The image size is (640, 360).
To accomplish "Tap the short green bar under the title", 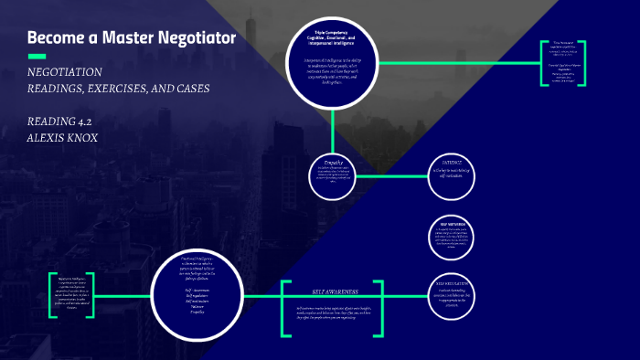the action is point(37,57).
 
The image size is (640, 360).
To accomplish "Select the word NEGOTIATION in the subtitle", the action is point(64,72).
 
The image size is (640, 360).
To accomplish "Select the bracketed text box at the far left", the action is point(70,294).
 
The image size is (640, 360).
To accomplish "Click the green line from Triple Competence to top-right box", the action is point(457,62).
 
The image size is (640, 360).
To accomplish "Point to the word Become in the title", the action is point(54,38).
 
